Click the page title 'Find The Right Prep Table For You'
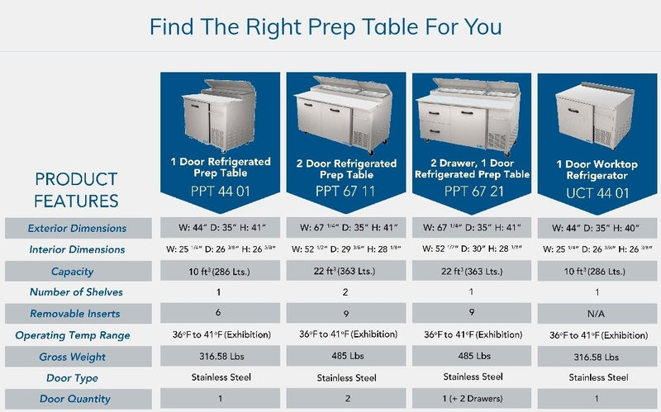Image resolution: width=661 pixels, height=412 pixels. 326,26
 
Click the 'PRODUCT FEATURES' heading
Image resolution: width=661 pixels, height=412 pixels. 76,190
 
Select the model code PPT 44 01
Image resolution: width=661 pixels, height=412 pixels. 218,190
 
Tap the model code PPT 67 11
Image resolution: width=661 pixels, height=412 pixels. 345,191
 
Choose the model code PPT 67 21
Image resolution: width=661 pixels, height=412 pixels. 472,191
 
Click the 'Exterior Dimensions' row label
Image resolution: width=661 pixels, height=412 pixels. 78,228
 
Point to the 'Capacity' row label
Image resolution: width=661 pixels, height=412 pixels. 78,271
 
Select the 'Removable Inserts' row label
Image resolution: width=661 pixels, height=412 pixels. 78,314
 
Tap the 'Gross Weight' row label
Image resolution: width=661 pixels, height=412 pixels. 78,357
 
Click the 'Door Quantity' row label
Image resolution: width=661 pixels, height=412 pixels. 78,399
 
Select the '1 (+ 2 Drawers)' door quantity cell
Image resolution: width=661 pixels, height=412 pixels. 472,399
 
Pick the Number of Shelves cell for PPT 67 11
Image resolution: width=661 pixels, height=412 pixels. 345,292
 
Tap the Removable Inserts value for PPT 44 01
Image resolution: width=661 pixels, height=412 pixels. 218,313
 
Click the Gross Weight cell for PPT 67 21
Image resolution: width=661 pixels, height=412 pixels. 472,357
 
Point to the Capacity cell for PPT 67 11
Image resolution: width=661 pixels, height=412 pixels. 345,271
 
